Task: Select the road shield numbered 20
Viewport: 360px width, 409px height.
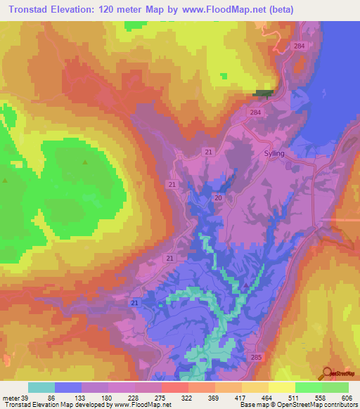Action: (x=218, y=199)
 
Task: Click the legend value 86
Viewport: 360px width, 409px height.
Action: (x=50, y=397)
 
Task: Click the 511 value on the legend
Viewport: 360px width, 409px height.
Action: (x=293, y=397)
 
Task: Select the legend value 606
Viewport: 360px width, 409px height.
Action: (x=347, y=397)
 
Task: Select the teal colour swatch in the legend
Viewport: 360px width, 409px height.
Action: (x=41, y=387)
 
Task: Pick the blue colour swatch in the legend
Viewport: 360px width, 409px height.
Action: (x=68, y=387)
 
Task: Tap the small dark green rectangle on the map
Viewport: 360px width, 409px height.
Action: (x=262, y=93)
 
